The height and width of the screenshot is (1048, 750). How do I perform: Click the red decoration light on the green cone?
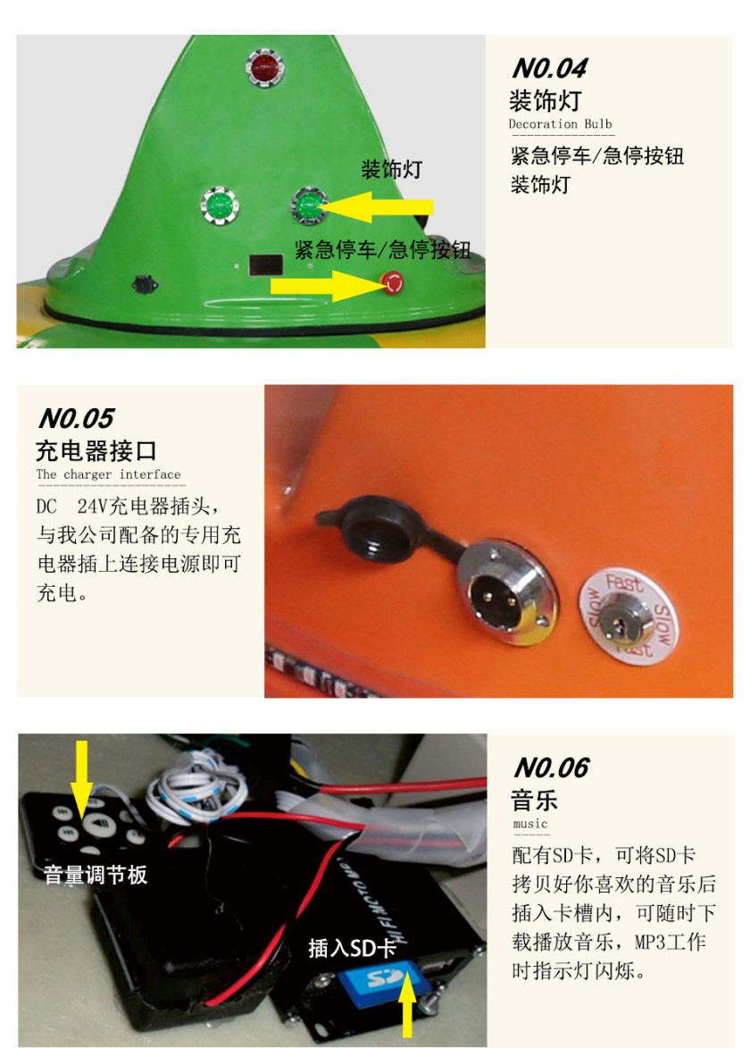(265, 67)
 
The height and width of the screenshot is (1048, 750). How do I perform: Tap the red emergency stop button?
(392, 282)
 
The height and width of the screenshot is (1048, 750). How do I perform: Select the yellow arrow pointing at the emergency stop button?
(328, 286)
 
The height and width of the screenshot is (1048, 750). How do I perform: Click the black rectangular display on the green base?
(266, 264)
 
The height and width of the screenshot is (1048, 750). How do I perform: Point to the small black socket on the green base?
(145, 284)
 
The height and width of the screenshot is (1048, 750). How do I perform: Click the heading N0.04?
(550, 68)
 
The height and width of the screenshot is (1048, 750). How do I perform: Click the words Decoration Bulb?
(561, 123)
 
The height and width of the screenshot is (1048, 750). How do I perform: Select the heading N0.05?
(76, 418)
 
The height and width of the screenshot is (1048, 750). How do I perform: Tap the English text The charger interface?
(108, 474)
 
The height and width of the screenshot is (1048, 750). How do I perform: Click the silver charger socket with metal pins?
(507, 591)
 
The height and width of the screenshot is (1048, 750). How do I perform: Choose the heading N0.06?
(551, 768)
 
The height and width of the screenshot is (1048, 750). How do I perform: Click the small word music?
(530, 824)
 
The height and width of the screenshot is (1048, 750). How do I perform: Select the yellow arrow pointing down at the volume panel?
(81, 779)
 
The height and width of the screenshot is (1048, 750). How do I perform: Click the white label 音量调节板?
(95, 874)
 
